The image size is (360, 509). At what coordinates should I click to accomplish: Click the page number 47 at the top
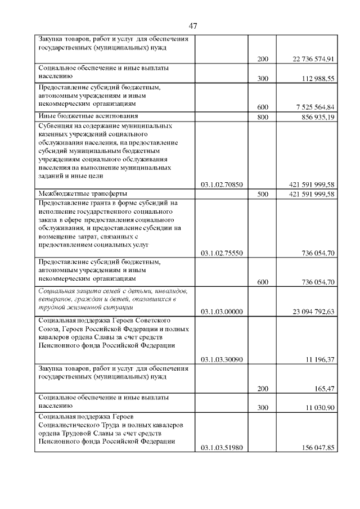193,26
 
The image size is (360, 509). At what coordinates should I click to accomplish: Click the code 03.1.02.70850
222,184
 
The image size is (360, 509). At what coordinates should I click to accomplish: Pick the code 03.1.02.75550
222,254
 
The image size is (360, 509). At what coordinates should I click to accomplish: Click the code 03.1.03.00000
222,311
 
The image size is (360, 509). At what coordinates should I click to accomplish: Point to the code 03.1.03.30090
222,359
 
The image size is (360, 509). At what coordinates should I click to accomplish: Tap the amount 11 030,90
321,408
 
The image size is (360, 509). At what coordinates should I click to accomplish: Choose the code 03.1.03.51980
222,448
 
